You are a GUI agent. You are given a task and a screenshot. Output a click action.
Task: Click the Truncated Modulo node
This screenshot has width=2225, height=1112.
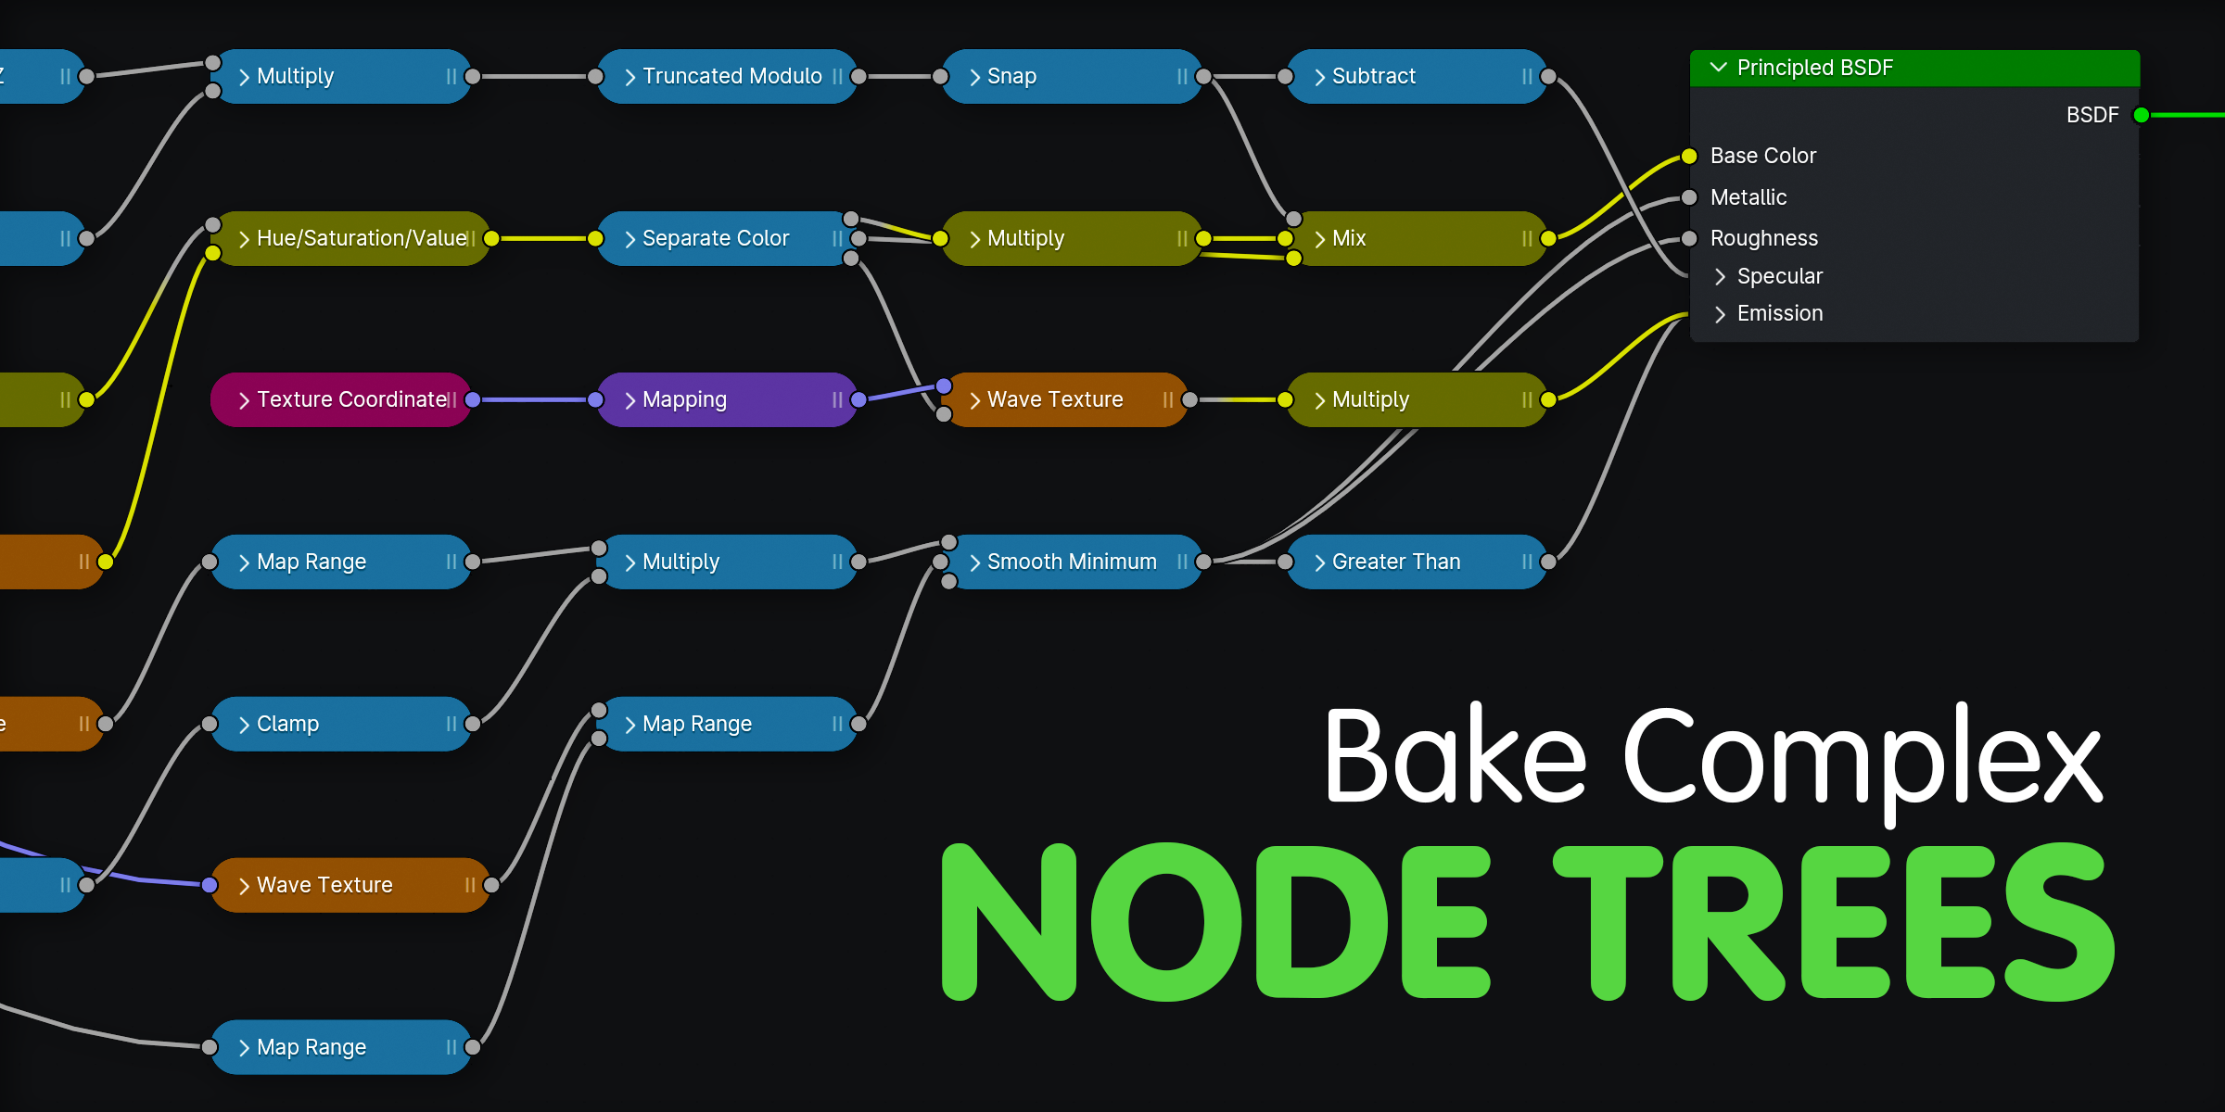(x=731, y=76)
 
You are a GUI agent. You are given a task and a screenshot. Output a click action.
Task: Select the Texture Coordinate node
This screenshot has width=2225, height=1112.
(x=343, y=399)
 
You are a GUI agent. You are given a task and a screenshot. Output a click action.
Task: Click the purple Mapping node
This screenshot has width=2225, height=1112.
(x=723, y=399)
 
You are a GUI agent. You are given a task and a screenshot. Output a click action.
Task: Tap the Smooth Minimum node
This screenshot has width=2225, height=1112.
(x=1071, y=562)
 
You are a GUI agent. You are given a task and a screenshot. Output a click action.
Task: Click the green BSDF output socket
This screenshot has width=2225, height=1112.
(x=2141, y=115)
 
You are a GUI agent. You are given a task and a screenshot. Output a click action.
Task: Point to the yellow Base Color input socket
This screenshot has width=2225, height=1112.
(x=1689, y=157)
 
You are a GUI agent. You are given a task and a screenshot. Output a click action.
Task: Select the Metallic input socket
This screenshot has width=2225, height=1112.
(x=1689, y=197)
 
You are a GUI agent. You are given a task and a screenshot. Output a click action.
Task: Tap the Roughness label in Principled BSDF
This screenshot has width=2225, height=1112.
(x=1763, y=238)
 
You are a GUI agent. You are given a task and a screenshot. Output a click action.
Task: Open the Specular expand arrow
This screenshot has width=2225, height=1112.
(x=1720, y=276)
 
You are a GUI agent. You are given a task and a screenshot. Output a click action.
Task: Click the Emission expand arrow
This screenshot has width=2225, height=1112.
(x=1720, y=314)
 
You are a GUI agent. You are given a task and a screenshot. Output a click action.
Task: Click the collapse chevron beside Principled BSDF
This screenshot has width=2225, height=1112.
(x=1718, y=68)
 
